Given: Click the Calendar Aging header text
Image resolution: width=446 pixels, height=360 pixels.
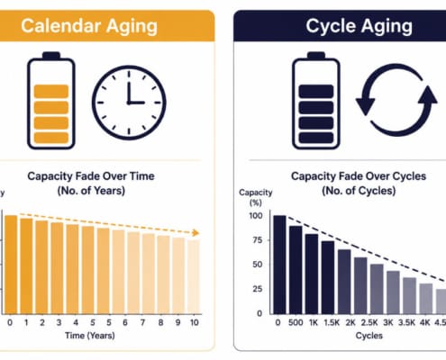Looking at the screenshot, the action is tap(89, 26).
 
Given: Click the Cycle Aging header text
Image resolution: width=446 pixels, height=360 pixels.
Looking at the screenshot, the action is tap(359, 26).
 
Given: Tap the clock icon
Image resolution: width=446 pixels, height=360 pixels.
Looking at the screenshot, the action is tap(129, 103).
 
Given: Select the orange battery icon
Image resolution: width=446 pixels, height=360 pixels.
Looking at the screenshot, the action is tap(51, 101).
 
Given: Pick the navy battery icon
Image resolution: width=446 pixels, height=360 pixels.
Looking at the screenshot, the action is tap(316, 101).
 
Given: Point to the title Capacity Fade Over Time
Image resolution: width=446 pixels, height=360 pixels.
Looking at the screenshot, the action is tap(91, 176).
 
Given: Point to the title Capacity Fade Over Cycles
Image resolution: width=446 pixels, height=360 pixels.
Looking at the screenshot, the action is tap(359, 176).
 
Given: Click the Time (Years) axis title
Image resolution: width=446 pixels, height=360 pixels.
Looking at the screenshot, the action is tap(90, 336).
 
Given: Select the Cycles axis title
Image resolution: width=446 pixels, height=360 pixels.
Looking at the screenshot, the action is tap(369, 336).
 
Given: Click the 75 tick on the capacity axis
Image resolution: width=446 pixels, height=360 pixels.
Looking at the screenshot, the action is tap(256, 240).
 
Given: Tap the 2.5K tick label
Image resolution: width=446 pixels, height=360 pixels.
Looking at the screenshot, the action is tap(369, 322).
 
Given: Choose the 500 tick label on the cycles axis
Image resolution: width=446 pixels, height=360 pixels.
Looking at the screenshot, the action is tap(296, 322).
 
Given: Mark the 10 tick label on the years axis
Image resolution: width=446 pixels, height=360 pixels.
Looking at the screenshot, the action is tap(195, 322).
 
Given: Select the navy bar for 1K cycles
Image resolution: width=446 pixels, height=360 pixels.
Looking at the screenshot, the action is tap(312, 274).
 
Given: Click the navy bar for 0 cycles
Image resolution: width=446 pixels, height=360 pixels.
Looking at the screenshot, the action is tap(279, 265).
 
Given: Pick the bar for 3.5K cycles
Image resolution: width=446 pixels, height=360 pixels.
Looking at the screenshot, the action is tap(409, 296).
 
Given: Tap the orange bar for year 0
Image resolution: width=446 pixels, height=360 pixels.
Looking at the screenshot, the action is tap(11, 265).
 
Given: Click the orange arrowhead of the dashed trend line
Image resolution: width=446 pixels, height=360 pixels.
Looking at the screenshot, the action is tap(196, 233).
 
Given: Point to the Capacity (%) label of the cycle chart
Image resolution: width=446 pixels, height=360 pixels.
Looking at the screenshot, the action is tap(256, 197).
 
